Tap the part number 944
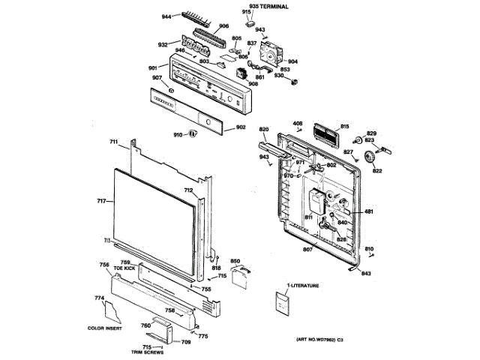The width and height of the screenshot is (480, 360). pos(166,14)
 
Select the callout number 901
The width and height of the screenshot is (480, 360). pos(152,68)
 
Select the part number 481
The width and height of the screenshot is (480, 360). pos(368,212)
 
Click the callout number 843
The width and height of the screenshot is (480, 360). pos(365,272)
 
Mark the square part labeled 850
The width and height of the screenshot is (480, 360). pos(239,277)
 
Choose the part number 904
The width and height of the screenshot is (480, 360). pos(292,61)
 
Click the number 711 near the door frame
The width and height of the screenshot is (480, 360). pos(114,142)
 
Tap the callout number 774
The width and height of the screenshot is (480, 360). pos(99,298)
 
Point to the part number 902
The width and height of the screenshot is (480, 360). pos(241,127)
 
